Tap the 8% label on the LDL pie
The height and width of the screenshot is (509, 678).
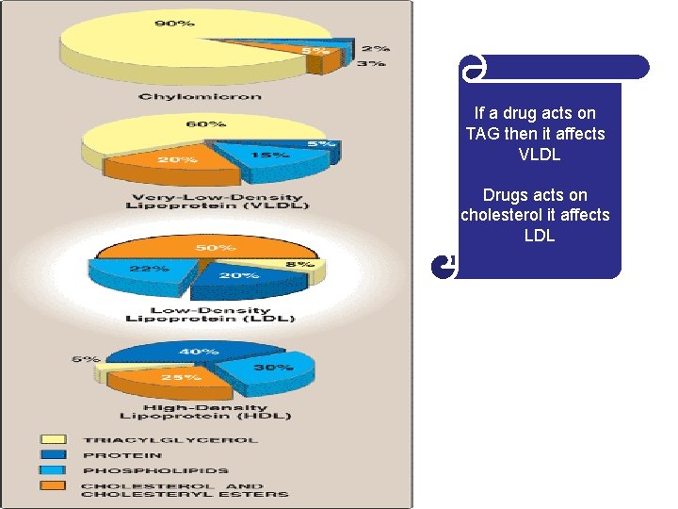tap(299, 265)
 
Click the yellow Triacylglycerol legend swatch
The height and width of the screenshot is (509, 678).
tap(53, 439)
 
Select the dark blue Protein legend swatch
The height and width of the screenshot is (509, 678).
tap(53, 454)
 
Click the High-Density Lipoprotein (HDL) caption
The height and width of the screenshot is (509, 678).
tap(204, 412)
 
